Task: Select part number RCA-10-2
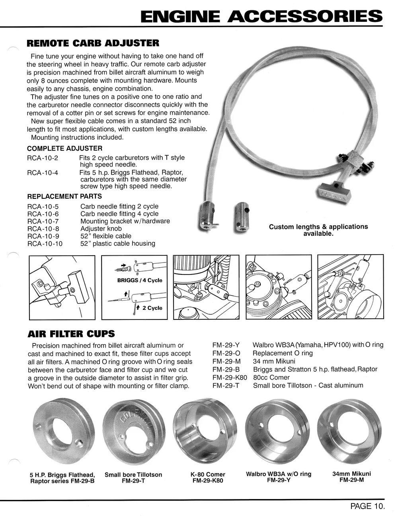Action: [43, 158]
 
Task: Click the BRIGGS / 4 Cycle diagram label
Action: [140, 280]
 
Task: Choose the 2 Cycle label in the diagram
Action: [152, 308]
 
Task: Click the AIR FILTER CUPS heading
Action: [71, 334]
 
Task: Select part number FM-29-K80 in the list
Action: [230, 377]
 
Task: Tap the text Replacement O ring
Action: [283, 353]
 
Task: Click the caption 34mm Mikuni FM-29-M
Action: [351, 477]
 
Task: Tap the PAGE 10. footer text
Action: [367, 506]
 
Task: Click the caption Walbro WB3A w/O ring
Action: [279, 474]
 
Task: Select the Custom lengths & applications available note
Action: [318, 230]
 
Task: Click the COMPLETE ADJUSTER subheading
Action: [64, 149]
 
